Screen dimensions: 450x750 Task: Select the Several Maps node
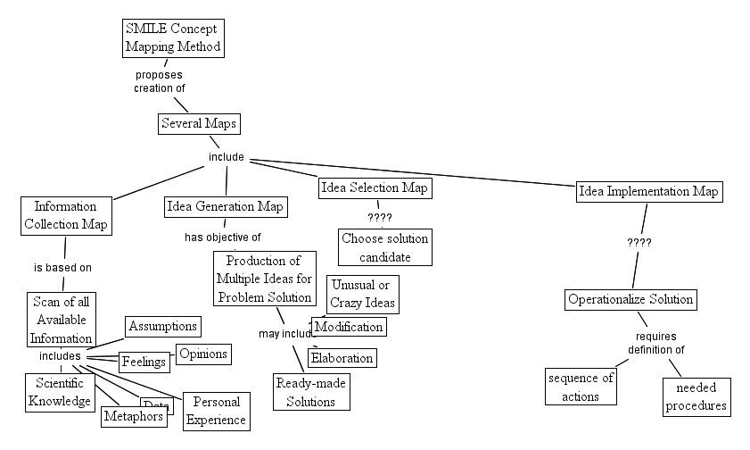tap(199, 123)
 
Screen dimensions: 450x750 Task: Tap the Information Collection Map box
tap(65, 215)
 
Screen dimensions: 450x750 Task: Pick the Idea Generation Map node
tap(226, 207)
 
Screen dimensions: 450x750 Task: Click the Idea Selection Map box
tap(375, 187)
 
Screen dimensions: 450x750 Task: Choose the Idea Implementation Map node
tap(648, 191)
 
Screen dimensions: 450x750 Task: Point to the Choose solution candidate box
tap(385, 247)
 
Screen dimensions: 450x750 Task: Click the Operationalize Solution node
tap(630, 299)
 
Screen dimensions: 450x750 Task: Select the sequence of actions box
tap(581, 387)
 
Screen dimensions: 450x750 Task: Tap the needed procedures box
tap(696, 396)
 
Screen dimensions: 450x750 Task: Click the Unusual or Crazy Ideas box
tap(363, 294)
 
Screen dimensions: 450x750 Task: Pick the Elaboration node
tap(342, 358)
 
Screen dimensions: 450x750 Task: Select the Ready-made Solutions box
tap(310, 392)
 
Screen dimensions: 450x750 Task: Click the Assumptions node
tap(162, 326)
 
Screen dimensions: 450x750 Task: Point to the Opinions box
tap(203, 354)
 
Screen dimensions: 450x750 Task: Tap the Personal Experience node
tap(215, 411)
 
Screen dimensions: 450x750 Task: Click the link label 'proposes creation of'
tap(160, 81)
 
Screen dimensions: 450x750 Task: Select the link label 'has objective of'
tap(223, 237)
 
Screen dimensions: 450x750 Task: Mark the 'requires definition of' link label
tap(655, 343)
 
